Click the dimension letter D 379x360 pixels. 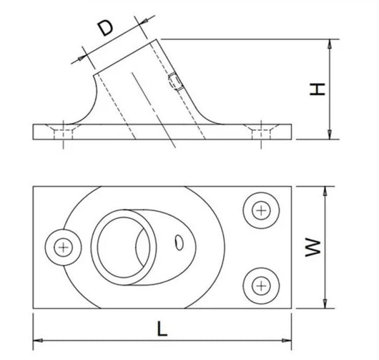click(x=105, y=28)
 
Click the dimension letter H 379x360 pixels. click(x=317, y=89)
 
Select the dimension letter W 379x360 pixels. click(x=313, y=247)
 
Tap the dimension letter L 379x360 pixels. click(x=162, y=329)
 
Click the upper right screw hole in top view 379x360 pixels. click(x=261, y=210)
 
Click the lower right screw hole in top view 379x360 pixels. click(x=261, y=286)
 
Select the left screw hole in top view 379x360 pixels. click(x=64, y=247)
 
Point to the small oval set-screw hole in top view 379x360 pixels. click(x=179, y=243)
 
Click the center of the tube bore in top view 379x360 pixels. click(x=123, y=247)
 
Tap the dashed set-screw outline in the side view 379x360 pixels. click(x=175, y=82)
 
